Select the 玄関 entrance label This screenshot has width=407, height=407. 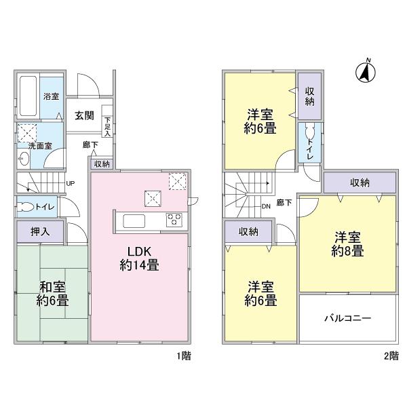click(x=84, y=115)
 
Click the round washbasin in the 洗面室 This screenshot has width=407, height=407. click(x=26, y=159)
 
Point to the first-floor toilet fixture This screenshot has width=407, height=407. click(x=26, y=208)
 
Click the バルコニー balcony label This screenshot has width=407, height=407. click(x=347, y=317)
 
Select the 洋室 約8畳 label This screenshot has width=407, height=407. click(x=347, y=244)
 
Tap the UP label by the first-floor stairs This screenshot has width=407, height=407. click(x=71, y=182)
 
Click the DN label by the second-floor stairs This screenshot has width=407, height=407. click(x=265, y=208)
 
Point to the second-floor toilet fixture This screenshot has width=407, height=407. click(x=311, y=134)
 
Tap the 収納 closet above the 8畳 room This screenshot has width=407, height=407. click(x=360, y=182)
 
